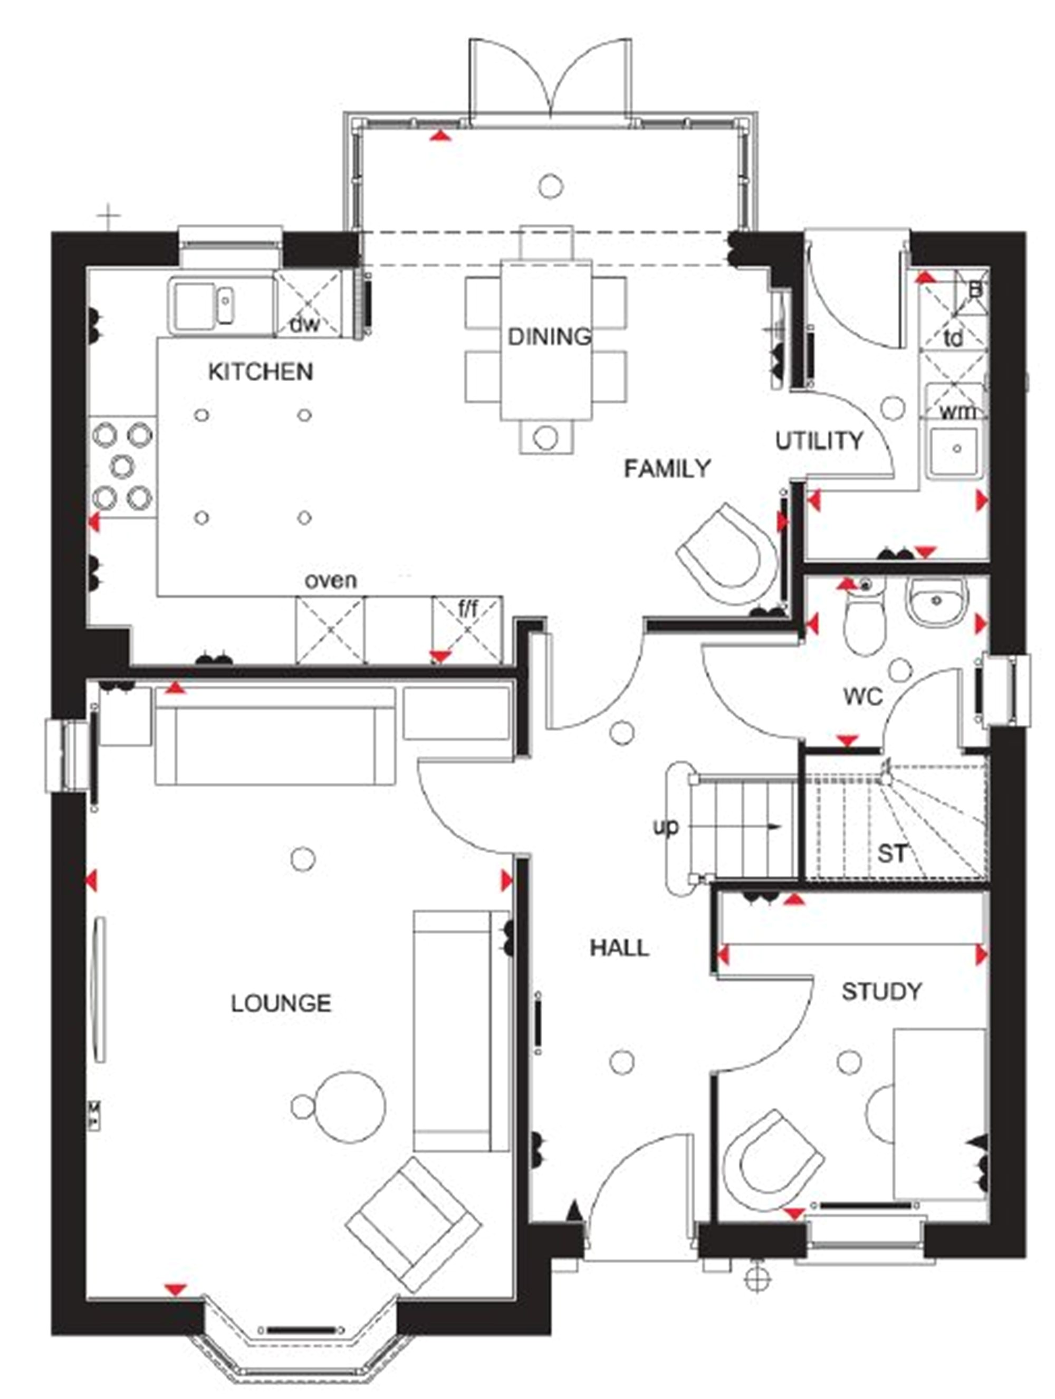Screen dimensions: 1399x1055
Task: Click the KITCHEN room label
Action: [261, 372]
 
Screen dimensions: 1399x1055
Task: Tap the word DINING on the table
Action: [549, 336]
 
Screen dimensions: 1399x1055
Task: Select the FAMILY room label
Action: [667, 469]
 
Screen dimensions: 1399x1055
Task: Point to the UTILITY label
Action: [819, 441]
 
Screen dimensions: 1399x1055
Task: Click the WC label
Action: [862, 697]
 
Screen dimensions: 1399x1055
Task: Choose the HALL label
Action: [619, 948]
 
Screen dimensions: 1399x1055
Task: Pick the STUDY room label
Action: [881, 991]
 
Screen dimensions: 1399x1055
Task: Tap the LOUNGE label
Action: [281, 1003]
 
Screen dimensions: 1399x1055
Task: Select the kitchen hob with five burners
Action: [122, 467]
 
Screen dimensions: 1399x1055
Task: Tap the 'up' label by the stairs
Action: [665, 827]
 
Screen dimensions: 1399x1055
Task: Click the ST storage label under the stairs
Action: [891, 854]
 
